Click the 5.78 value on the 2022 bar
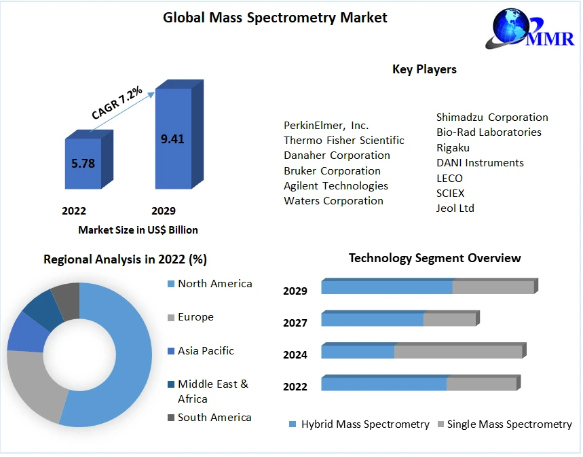tap(82, 163)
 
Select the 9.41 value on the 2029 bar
tap(172, 139)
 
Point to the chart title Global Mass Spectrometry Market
tap(275, 18)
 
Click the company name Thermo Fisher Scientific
tap(343, 141)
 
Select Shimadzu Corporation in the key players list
tap(492, 117)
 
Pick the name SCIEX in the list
tap(451, 193)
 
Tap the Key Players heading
tap(424, 69)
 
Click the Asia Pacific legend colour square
tap(170, 351)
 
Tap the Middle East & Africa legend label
tap(212, 391)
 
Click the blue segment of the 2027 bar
tap(372, 319)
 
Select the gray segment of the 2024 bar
tap(458, 352)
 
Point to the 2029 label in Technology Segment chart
tap(295, 291)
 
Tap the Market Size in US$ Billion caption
tap(138, 230)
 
